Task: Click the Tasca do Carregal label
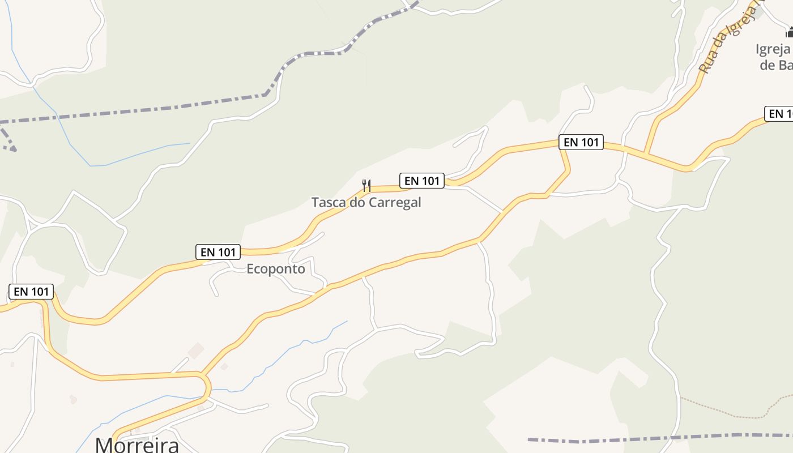tap(366, 202)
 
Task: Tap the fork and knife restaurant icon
tap(366, 185)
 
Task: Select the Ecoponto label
tap(275, 269)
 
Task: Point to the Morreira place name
tap(137, 445)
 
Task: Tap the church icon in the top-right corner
tap(789, 32)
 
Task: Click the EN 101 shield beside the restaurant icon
tap(422, 181)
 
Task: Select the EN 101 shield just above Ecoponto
tap(218, 252)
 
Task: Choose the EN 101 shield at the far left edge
tap(32, 292)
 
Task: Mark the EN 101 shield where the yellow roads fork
tap(581, 142)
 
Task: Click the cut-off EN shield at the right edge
tap(779, 114)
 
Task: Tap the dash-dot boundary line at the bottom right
tap(651, 438)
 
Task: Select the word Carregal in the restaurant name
tap(395, 202)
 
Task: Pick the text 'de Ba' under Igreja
tap(775, 65)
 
